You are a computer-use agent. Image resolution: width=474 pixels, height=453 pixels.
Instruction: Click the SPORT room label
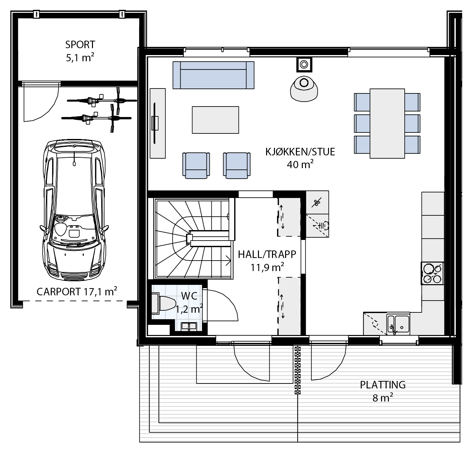point(80,45)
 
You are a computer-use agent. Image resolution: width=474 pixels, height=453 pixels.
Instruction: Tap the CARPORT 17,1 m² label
point(77,292)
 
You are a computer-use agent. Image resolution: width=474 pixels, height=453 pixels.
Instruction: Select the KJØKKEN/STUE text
point(300,152)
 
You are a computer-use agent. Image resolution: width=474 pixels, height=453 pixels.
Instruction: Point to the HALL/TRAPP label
point(267,254)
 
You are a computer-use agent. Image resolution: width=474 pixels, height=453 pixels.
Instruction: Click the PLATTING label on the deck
point(383,385)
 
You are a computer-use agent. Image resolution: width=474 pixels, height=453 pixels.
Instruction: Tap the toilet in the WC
point(164,303)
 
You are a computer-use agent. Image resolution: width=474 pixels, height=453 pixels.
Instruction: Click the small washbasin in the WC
point(189,326)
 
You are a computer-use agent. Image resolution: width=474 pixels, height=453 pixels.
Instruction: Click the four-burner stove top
point(432,273)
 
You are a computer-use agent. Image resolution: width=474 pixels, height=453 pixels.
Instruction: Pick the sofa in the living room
point(213,75)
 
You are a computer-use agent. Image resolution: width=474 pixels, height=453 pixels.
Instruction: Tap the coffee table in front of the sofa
point(215,120)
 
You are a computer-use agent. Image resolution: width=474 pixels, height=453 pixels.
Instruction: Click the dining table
point(387,123)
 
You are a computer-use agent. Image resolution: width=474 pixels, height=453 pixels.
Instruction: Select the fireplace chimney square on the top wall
point(304,65)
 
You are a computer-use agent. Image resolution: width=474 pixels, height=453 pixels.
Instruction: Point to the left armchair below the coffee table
point(196,166)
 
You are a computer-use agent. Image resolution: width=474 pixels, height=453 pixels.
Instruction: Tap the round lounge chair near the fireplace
point(304,89)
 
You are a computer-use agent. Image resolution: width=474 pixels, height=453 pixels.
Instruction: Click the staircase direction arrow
point(228,261)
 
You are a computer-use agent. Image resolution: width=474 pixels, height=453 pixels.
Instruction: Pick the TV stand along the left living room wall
point(158,123)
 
